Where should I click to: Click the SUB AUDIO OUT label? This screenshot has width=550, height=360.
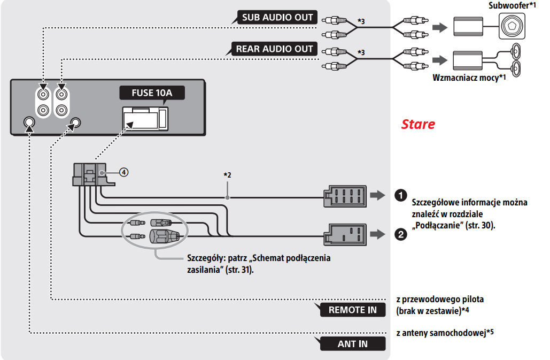pyautogui.click(x=277, y=17)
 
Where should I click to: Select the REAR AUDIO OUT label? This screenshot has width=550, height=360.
pyautogui.click(x=274, y=49)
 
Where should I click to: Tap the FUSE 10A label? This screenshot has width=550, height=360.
pyautogui.click(x=152, y=93)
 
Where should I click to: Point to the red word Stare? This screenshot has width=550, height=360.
pyautogui.click(x=418, y=125)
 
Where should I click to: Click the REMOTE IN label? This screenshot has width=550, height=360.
pyautogui.click(x=352, y=310)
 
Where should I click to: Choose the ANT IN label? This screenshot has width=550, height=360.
pyautogui.click(x=352, y=343)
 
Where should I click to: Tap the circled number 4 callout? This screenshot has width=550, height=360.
pyautogui.click(x=123, y=172)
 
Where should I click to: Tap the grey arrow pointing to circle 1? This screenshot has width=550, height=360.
pyautogui.click(x=377, y=195)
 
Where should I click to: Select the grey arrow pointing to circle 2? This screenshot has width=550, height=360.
pyautogui.click(x=377, y=234)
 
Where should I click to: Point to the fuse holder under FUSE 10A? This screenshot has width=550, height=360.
pyautogui.click(x=144, y=118)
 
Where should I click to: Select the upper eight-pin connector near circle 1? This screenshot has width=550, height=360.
pyautogui.click(x=344, y=196)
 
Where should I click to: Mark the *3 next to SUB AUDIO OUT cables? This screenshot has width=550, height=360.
pyautogui.click(x=361, y=21)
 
